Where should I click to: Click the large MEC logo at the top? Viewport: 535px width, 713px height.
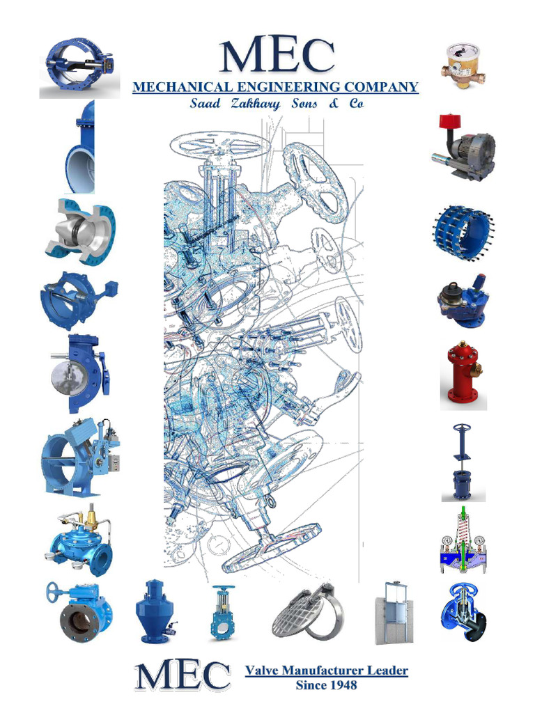(276, 56)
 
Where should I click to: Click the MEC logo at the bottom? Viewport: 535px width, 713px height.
(183, 677)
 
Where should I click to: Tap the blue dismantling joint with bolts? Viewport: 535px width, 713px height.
(463, 233)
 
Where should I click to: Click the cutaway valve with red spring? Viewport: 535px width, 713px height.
(463, 541)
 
